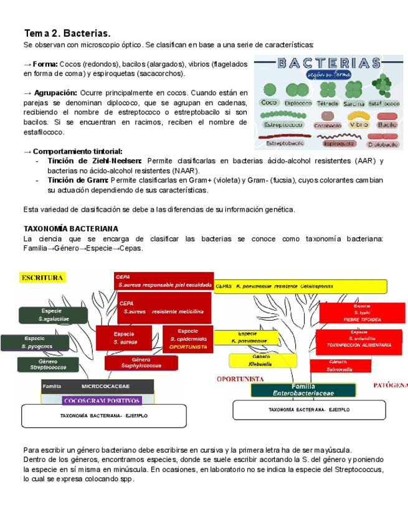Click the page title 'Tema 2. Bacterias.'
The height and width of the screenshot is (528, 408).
(67, 32)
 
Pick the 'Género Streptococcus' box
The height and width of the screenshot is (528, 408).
(47, 365)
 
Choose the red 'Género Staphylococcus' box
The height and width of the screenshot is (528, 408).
(141, 363)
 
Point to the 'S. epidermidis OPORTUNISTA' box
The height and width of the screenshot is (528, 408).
(188, 339)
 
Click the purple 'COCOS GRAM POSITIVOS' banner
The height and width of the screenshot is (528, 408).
(102, 400)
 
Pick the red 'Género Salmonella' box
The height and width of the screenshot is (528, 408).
(339, 365)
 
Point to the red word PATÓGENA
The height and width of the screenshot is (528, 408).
(391, 386)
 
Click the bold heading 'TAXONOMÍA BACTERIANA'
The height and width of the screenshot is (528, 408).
(70, 229)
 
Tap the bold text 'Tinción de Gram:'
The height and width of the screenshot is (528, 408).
(75, 180)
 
